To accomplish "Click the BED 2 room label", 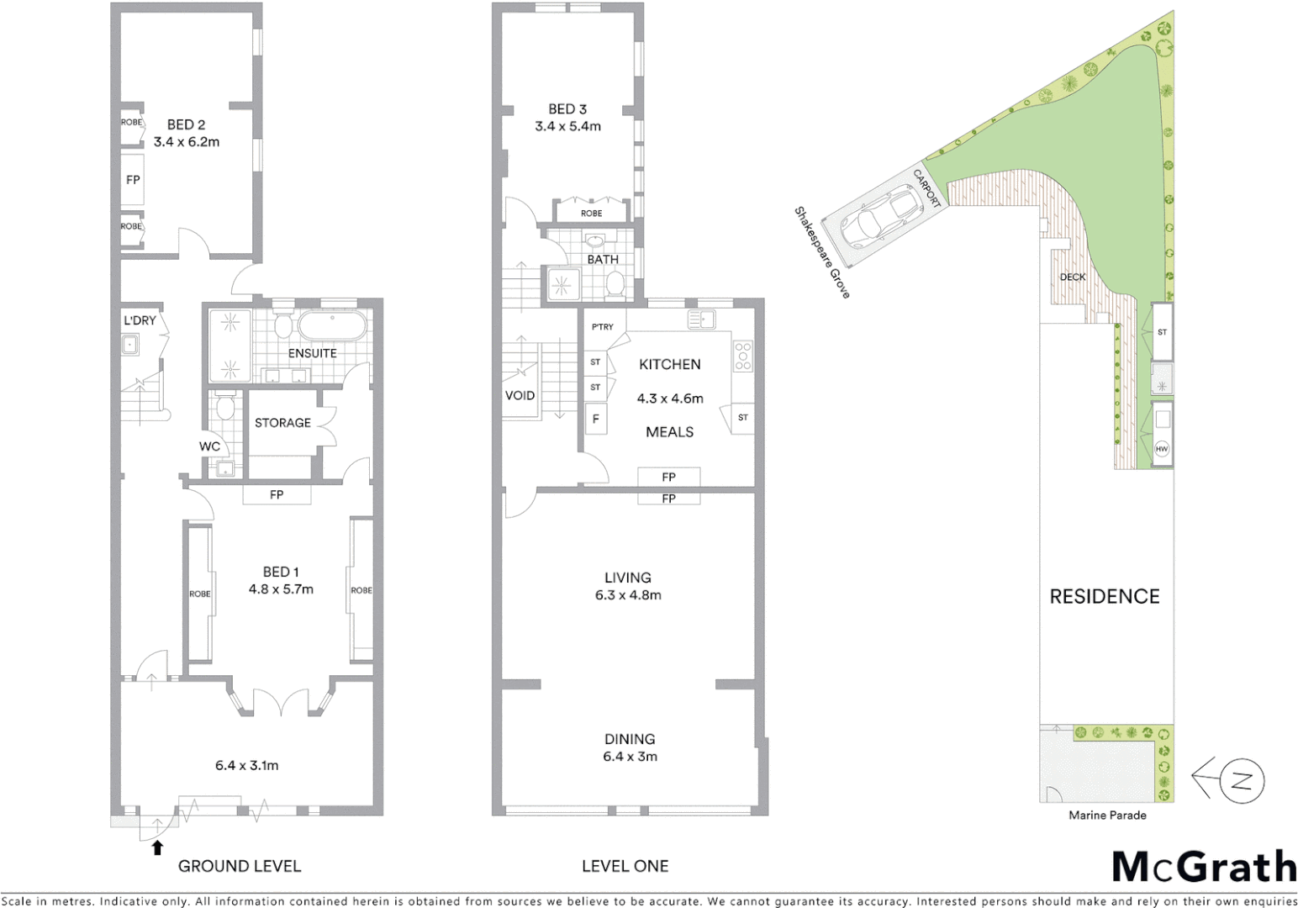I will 186,124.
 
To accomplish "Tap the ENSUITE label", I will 312,353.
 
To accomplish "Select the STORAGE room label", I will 282,423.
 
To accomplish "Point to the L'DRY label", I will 140,320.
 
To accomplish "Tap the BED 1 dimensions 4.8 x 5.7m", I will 281,589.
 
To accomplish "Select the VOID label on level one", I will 520,395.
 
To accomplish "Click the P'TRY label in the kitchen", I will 602,327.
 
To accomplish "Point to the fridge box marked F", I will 596,419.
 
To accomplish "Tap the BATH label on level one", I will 603,259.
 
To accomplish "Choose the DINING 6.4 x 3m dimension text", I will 630,757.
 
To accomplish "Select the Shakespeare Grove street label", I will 822,252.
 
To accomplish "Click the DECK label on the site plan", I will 1072,277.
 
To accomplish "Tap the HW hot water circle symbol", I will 1162,449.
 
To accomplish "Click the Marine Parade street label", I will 1107,815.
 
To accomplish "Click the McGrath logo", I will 1204,867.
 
